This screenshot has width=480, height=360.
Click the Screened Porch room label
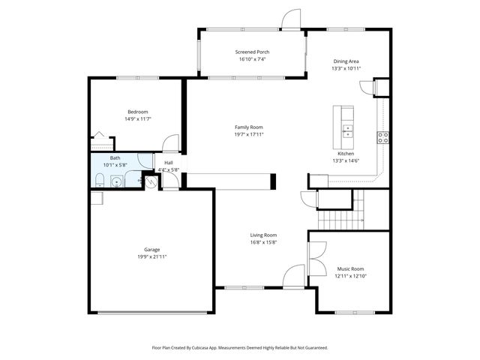(253, 52)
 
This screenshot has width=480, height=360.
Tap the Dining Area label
(346, 61)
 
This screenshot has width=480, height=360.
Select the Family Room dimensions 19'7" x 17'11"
(249, 136)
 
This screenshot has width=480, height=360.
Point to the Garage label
(151, 250)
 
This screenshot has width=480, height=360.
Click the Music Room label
(349, 268)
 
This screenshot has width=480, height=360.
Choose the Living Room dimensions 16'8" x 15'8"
(263, 242)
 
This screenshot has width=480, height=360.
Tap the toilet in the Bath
(100, 179)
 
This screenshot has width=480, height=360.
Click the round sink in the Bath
(116, 181)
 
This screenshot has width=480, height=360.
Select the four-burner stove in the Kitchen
(383, 137)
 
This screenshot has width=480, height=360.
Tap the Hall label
(168, 163)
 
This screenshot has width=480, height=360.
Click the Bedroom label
(137, 112)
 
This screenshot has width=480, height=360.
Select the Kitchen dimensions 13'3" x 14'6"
(346, 160)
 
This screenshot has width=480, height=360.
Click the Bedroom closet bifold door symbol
(97, 137)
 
